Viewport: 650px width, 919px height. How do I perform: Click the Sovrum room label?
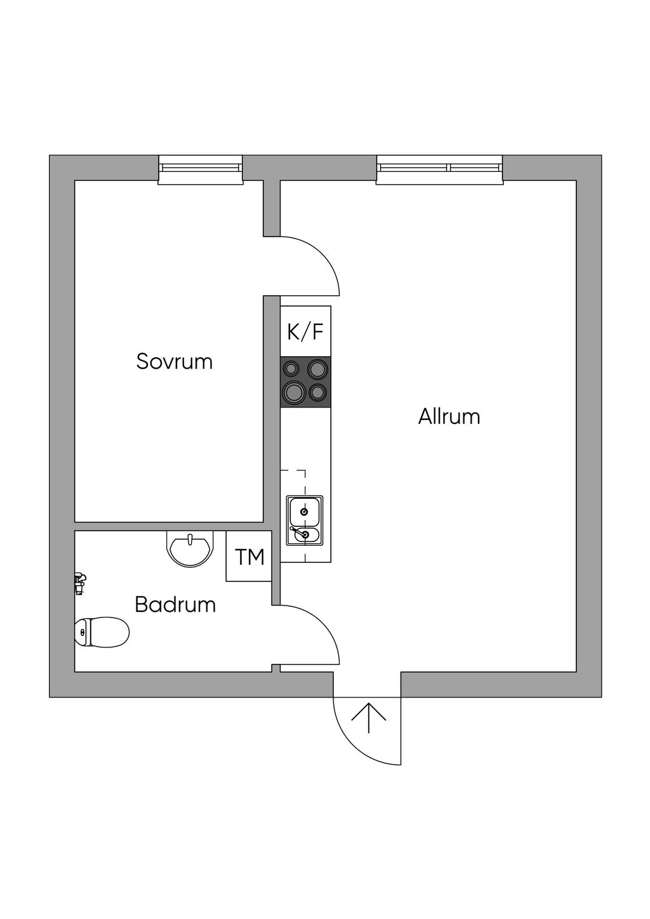pos(175,362)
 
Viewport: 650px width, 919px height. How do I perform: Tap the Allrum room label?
pos(449,417)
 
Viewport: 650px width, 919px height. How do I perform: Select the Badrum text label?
pos(175,604)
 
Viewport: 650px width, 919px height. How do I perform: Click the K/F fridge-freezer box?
pos(306,331)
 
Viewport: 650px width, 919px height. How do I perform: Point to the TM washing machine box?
pos(249,557)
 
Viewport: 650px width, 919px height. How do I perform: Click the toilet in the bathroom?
pos(102,631)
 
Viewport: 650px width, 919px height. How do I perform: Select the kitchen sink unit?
pos(305,520)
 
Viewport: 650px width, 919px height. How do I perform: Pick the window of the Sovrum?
pos(201,169)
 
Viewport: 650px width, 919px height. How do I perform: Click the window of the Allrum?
pos(439,169)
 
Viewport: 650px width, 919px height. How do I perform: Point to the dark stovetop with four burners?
pos(306,381)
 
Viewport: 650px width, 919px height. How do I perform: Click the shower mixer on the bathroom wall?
pos(79,582)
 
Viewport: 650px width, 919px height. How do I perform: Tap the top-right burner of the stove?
pos(317,369)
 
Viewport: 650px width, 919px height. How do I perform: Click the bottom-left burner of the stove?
pos(294,392)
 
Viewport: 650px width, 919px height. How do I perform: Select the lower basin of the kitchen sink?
pos(305,535)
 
